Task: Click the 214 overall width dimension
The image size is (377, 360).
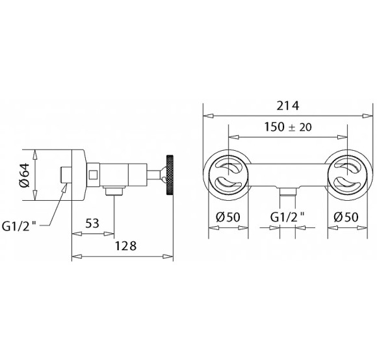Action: [288, 106]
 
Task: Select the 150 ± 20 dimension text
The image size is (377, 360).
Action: [288, 127]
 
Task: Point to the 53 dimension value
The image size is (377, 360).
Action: [92, 224]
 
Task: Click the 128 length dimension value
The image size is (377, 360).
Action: [125, 246]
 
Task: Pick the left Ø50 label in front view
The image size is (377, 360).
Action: [228, 217]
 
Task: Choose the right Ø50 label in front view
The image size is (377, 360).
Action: [346, 217]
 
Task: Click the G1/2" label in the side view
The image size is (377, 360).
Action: [19, 226]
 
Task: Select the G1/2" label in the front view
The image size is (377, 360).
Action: [287, 217]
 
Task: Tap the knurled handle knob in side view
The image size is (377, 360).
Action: [169, 175]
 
